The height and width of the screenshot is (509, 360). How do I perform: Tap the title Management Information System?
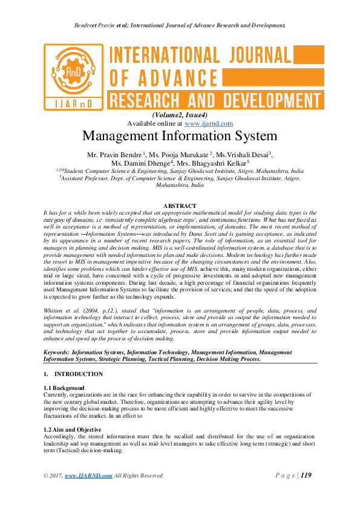pos(180,136)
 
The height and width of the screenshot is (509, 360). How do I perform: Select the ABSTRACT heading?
pos(180,206)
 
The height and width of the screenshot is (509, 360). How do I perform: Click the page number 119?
pos(306,475)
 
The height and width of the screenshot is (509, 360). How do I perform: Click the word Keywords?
pos(55,351)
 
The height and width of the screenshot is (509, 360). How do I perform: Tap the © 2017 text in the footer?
pos(53,476)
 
